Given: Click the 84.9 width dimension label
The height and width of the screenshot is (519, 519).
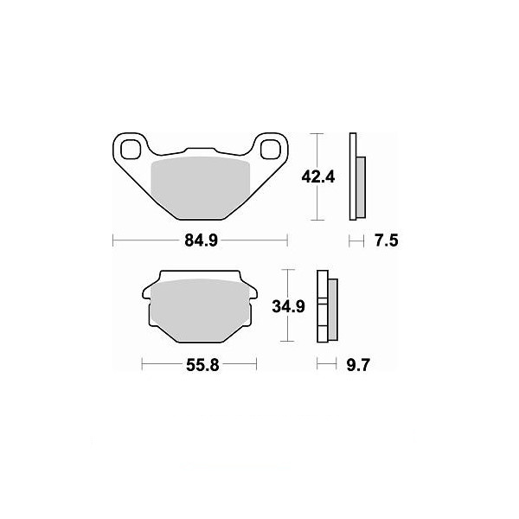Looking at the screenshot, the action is point(202,240).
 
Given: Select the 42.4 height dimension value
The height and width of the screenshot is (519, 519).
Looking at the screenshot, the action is point(318,177).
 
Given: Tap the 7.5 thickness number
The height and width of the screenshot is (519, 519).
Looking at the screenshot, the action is point(387,240).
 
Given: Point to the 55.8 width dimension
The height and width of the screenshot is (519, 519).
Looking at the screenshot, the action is point(202,365).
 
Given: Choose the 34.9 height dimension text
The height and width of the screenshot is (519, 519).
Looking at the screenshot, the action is point(288,306).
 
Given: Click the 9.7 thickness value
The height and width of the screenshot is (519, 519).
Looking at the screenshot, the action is point(358,365).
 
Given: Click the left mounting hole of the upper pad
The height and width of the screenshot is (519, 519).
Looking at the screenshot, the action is point(130,150).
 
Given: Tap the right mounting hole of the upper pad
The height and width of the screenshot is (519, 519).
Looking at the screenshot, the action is point(270,150).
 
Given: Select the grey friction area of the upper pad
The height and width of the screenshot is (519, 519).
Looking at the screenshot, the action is point(201,188).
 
